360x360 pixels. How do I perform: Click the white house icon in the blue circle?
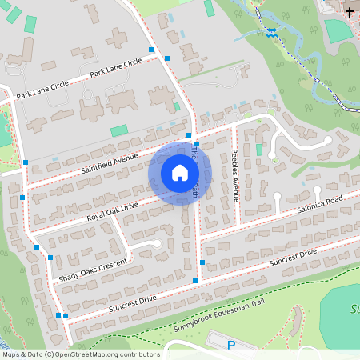pos(180,173)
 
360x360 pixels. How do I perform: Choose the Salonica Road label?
pos(318,202)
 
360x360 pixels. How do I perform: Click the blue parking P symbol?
pos(231,346)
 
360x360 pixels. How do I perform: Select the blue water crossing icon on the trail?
pos(273,31)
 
